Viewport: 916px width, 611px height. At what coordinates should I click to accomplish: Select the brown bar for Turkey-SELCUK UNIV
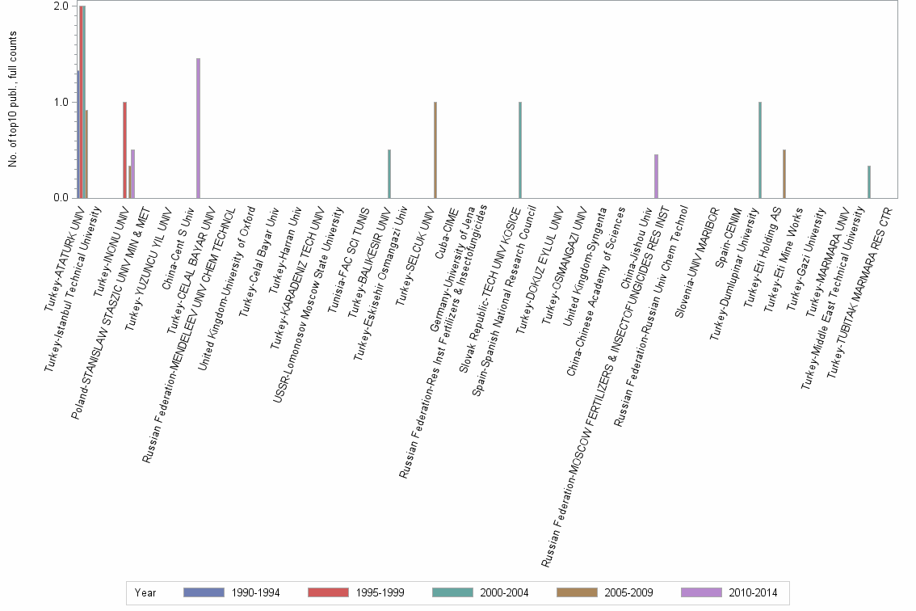tap(435, 150)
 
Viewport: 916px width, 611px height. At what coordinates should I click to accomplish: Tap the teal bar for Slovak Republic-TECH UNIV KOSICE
tap(520, 150)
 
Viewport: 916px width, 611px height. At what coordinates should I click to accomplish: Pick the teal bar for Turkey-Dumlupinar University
tap(760, 150)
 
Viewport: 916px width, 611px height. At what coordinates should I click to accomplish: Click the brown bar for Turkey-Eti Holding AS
tap(784, 174)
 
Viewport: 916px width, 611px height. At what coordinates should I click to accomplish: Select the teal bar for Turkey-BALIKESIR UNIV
tap(389, 174)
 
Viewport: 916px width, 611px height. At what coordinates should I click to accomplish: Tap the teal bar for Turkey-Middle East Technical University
tap(869, 182)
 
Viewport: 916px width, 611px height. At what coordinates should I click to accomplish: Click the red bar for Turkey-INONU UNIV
tap(124, 150)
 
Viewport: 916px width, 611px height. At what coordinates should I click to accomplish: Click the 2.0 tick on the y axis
tap(61, 6)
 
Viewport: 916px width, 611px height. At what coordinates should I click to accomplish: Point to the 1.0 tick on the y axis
tap(61, 103)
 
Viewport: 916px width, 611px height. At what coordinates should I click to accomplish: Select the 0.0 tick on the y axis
tap(61, 198)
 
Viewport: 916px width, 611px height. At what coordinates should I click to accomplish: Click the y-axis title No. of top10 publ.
tap(13, 99)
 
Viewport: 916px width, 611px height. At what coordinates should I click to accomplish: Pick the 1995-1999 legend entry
tap(355, 592)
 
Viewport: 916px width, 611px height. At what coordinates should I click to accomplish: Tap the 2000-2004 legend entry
tap(480, 592)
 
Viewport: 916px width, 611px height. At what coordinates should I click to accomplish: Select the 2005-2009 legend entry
tap(604, 592)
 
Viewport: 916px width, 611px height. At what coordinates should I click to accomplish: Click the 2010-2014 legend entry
tap(729, 592)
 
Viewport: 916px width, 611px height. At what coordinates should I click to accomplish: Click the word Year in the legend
tap(145, 592)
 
